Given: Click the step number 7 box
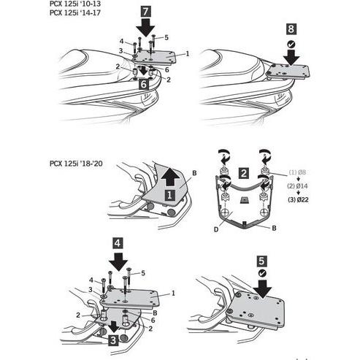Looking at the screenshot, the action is [145, 12].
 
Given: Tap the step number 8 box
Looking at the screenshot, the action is [291, 29].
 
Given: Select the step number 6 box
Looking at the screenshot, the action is [144, 84].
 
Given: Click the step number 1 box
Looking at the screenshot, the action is [169, 195].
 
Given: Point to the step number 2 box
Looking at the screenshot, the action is [244, 173].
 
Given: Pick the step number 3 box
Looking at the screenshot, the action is [113, 340].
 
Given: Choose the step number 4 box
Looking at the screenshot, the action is [118, 243].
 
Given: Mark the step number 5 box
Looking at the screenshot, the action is [261, 261].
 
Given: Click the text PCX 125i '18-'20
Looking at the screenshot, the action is [76, 164].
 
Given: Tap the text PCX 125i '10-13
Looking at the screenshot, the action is [75, 4].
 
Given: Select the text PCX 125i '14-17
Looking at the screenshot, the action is [75, 12].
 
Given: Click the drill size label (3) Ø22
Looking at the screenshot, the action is [298, 200].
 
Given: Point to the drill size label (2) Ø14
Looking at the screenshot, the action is [297, 186].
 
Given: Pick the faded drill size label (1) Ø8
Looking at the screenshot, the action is [297, 172].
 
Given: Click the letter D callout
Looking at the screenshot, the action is [216, 229].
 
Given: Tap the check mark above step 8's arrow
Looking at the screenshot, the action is [291, 44].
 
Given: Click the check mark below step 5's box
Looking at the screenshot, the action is [262, 273].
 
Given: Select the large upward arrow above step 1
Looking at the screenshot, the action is [171, 177].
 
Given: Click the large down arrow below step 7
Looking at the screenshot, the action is [145, 28].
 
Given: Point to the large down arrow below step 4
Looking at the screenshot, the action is [118, 261].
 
